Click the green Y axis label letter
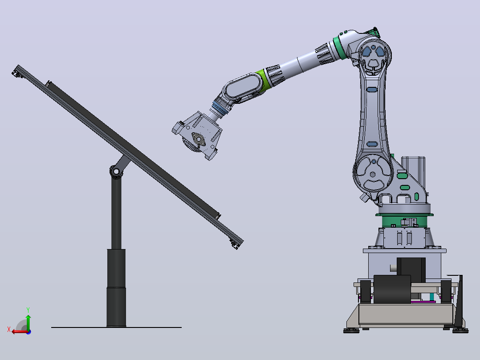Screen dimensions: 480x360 coord(28,310)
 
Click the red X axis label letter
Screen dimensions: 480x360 coord(9,329)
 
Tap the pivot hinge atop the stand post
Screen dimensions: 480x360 coord(116,171)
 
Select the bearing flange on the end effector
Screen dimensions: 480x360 coord(199,139)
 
